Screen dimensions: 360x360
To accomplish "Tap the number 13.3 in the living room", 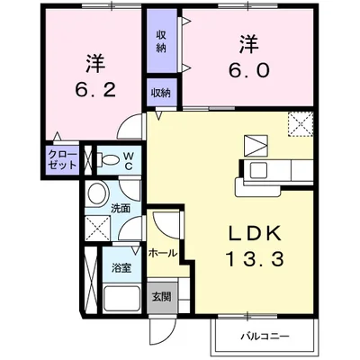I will click(x=251, y=261).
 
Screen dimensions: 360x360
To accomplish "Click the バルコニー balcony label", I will click(x=264, y=337).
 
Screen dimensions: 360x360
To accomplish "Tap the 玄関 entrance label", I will click(x=160, y=296).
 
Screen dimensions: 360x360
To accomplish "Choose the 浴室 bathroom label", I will click(x=121, y=268).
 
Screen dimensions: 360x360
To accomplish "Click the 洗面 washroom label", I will click(x=121, y=209).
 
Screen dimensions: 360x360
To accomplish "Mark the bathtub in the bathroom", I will click(x=121, y=299).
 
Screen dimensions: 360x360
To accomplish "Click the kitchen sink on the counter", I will click(x=258, y=170).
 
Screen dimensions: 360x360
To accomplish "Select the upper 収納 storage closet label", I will click(x=162, y=41).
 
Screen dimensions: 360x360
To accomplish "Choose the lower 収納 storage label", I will click(x=162, y=93).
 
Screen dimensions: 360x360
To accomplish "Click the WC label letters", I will click(x=129, y=160).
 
